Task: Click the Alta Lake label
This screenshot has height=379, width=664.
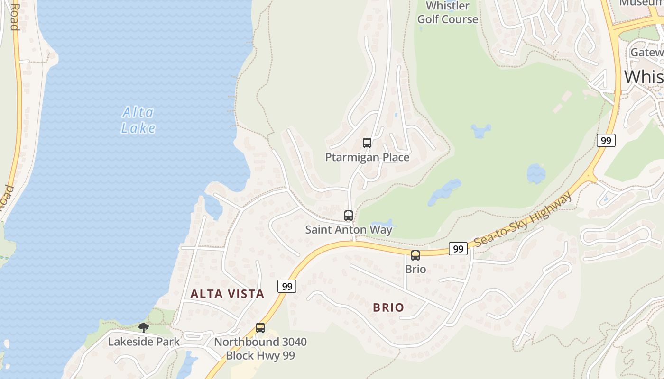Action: [x=138, y=120]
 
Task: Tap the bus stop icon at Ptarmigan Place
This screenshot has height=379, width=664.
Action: [x=367, y=143]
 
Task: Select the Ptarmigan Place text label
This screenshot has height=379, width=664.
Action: [x=367, y=157]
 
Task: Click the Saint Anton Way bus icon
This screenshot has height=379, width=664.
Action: [x=349, y=216]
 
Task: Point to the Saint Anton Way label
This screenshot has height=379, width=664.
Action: [x=349, y=230]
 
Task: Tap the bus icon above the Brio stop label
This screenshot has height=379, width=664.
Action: [x=415, y=255]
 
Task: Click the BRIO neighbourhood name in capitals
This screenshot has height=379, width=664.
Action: [x=388, y=307]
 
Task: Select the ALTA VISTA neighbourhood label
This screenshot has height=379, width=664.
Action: [x=227, y=294]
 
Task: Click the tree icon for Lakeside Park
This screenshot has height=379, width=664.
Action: [x=144, y=327]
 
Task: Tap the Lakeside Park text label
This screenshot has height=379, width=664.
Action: [x=144, y=342]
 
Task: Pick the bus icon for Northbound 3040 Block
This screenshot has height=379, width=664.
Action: [x=260, y=327]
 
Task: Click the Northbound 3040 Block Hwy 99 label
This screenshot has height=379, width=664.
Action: [x=260, y=348]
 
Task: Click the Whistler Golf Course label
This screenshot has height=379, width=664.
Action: [x=447, y=13]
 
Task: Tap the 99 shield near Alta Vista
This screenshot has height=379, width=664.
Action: [x=287, y=286]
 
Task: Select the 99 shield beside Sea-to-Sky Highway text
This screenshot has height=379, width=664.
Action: [x=458, y=249]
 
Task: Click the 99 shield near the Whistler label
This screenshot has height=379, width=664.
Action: [x=606, y=140]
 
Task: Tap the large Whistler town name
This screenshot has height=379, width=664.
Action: [x=644, y=77]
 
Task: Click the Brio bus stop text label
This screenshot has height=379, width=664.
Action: [x=415, y=269]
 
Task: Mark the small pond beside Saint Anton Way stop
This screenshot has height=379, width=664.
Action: [x=382, y=223]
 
